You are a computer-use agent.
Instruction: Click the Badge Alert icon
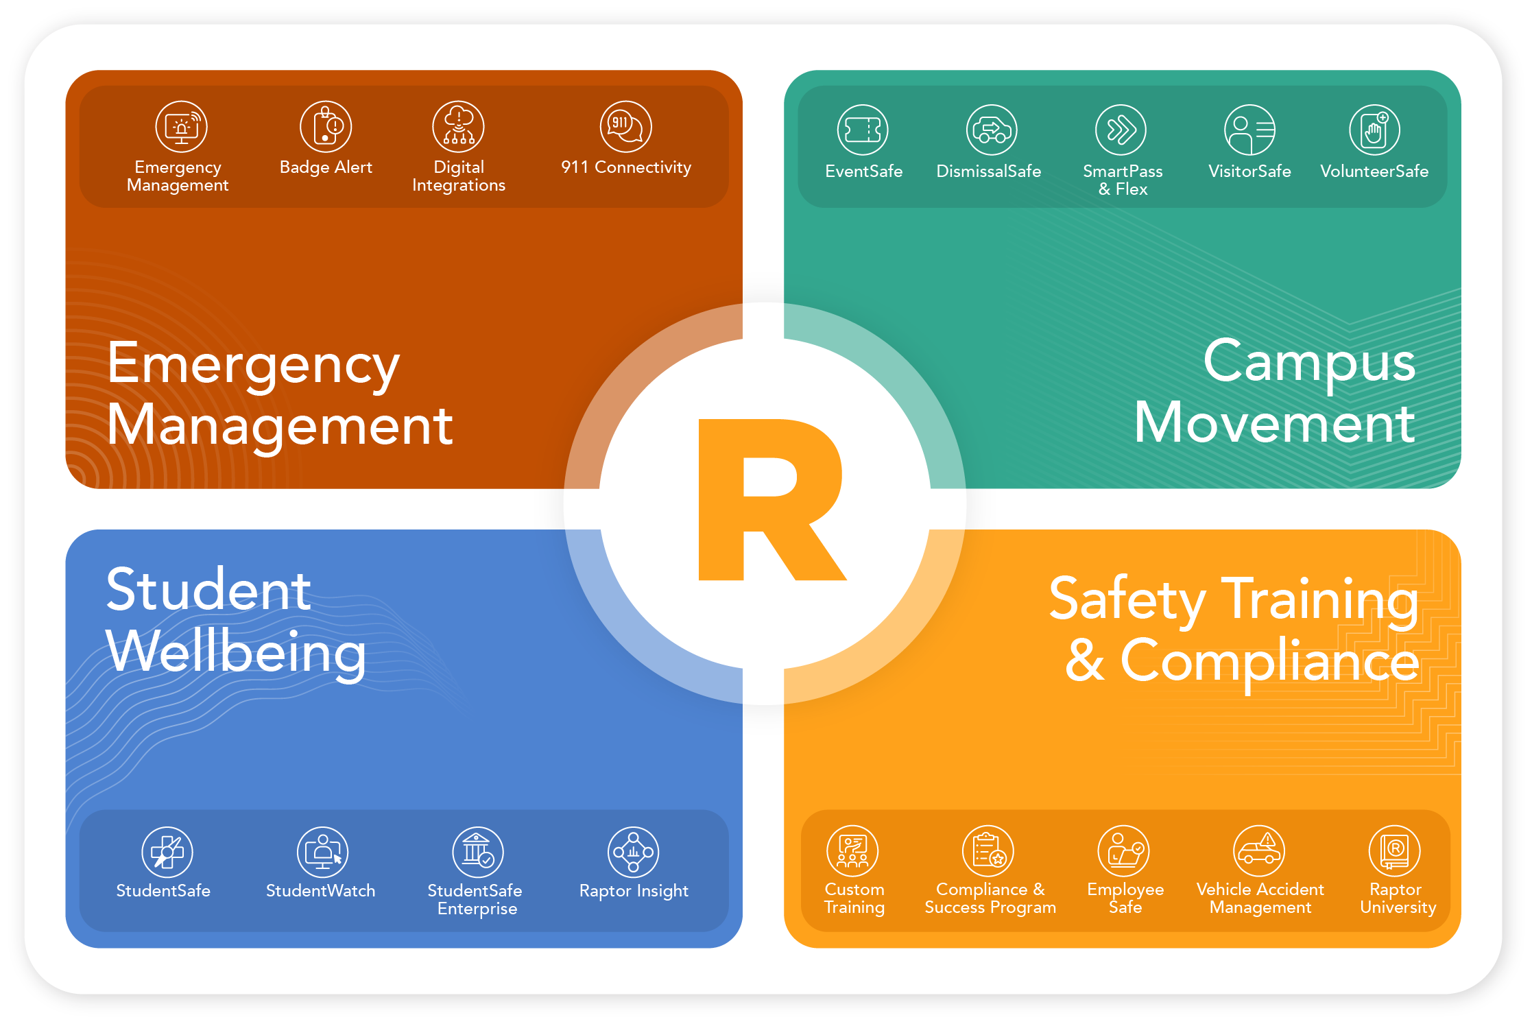[x=326, y=127]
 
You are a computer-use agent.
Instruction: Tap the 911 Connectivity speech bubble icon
[x=625, y=127]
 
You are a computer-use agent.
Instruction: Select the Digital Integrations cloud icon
[x=458, y=127]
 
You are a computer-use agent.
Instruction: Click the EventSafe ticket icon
[x=863, y=130]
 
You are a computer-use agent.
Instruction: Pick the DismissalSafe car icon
[x=992, y=130]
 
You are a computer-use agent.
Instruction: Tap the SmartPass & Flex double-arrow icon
[x=1121, y=130]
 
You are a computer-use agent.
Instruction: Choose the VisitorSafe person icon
[x=1249, y=130]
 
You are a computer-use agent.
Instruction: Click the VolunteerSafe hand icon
[x=1374, y=130]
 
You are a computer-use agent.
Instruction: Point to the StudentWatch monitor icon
[x=322, y=852]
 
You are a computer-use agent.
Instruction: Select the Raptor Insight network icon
[x=633, y=852]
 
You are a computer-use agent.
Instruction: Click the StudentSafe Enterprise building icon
[x=478, y=852]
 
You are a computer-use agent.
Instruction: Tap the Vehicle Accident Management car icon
[x=1259, y=850]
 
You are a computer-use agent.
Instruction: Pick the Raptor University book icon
[x=1394, y=850]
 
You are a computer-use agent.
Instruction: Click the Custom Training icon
[x=852, y=850]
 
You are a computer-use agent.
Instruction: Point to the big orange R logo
[x=768, y=501]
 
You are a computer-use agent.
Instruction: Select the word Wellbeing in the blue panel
[x=236, y=652]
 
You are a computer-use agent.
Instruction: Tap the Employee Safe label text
[x=1125, y=898]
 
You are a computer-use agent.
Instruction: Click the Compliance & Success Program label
[x=990, y=898]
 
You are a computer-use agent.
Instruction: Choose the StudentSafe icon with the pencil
[x=167, y=852]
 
